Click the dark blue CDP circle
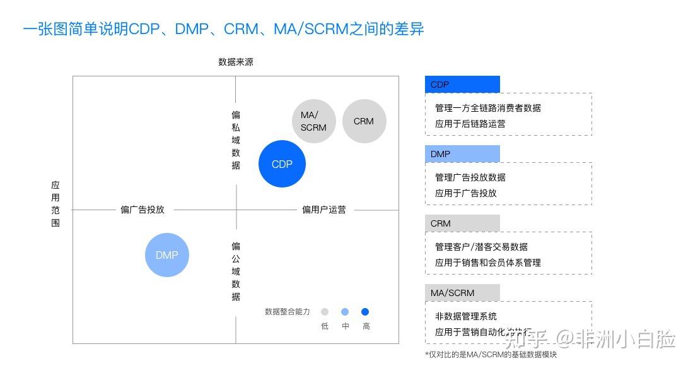tap(282, 164)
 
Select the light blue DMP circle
tap(167, 255)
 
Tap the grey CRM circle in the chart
tap(364, 121)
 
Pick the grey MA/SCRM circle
tap(313, 121)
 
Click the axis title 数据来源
tap(236, 62)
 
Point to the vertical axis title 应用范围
tap(55, 204)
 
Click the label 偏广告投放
tap(143, 210)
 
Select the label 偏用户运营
tap(323, 210)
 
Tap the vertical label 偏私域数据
tap(236, 140)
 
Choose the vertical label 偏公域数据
tap(236, 271)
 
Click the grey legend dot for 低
tap(325, 312)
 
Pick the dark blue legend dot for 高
tap(365, 312)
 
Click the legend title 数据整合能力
tap(288, 312)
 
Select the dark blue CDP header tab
tap(462, 85)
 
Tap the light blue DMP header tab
tap(462, 154)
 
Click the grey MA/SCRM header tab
tap(462, 293)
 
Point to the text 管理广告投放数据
tap(470, 177)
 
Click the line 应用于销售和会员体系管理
tap(488, 263)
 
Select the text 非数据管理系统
tap(466, 316)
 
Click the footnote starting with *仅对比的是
tap(491, 355)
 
